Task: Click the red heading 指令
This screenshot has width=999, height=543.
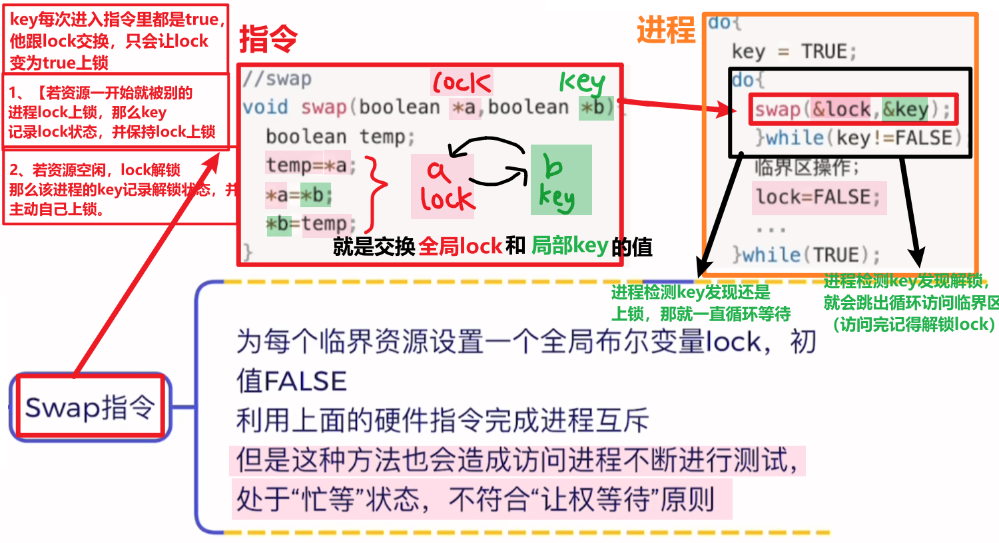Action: [268, 39]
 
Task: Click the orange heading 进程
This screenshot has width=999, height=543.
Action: [665, 30]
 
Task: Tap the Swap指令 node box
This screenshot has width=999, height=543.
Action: [90, 407]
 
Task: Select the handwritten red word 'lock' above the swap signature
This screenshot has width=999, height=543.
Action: [462, 83]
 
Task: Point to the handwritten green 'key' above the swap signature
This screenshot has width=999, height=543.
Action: [581, 83]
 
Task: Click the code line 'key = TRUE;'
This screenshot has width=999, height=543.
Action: [793, 51]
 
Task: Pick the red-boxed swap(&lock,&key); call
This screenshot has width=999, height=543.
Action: [853, 109]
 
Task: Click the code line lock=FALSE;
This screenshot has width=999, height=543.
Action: [818, 197]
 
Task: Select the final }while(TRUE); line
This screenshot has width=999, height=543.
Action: [806, 255]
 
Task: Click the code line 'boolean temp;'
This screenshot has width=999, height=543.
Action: [340, 137]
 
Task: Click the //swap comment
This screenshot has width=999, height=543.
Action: [277, 79]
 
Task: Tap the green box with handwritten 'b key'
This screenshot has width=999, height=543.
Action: [561, 180]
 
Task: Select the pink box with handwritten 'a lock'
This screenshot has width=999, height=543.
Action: [443, 187]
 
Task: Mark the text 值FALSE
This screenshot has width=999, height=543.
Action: [291, 381]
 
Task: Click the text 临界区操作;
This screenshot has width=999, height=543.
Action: [807, 167]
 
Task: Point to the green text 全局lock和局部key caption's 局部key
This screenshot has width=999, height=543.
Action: [569, 246]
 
